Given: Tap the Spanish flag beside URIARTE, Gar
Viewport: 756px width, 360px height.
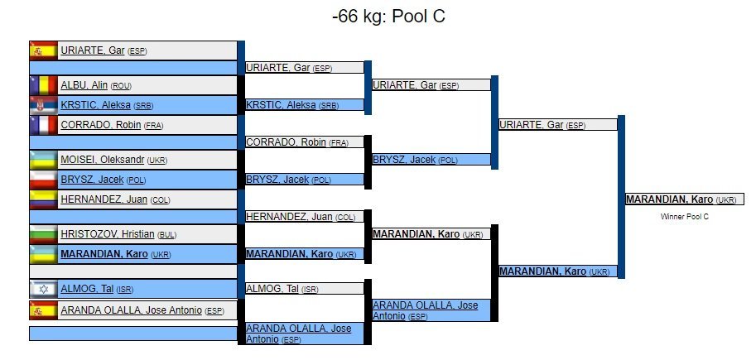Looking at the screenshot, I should [x=43, y=50].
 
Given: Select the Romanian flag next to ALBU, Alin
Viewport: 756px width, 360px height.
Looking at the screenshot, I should [x=43, y=85].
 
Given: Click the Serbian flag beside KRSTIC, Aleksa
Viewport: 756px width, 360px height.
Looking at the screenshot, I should [x=43, y=105].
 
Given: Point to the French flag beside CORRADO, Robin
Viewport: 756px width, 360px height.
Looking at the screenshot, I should [x=43, y=125].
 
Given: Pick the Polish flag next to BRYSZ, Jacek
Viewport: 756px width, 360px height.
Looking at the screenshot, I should [x=43, y=180].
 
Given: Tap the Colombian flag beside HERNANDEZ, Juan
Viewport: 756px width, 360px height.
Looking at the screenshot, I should [x=43, y=199].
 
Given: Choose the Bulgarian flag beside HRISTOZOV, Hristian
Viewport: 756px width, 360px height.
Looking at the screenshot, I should [x=43, y=234].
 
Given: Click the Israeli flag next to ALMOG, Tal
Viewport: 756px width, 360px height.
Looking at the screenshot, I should [x=43, y=289].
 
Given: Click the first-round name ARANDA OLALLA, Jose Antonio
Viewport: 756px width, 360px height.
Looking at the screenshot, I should [x=131, y=310].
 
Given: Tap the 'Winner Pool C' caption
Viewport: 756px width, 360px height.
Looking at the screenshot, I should [x=685, y=217].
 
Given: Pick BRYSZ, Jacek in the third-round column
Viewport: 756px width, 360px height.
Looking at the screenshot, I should [x=404, y=160].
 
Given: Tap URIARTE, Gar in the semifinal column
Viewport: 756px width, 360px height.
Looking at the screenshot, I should [x=532, y=125].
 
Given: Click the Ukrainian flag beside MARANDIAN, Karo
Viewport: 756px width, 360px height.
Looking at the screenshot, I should [x=43, y=254].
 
